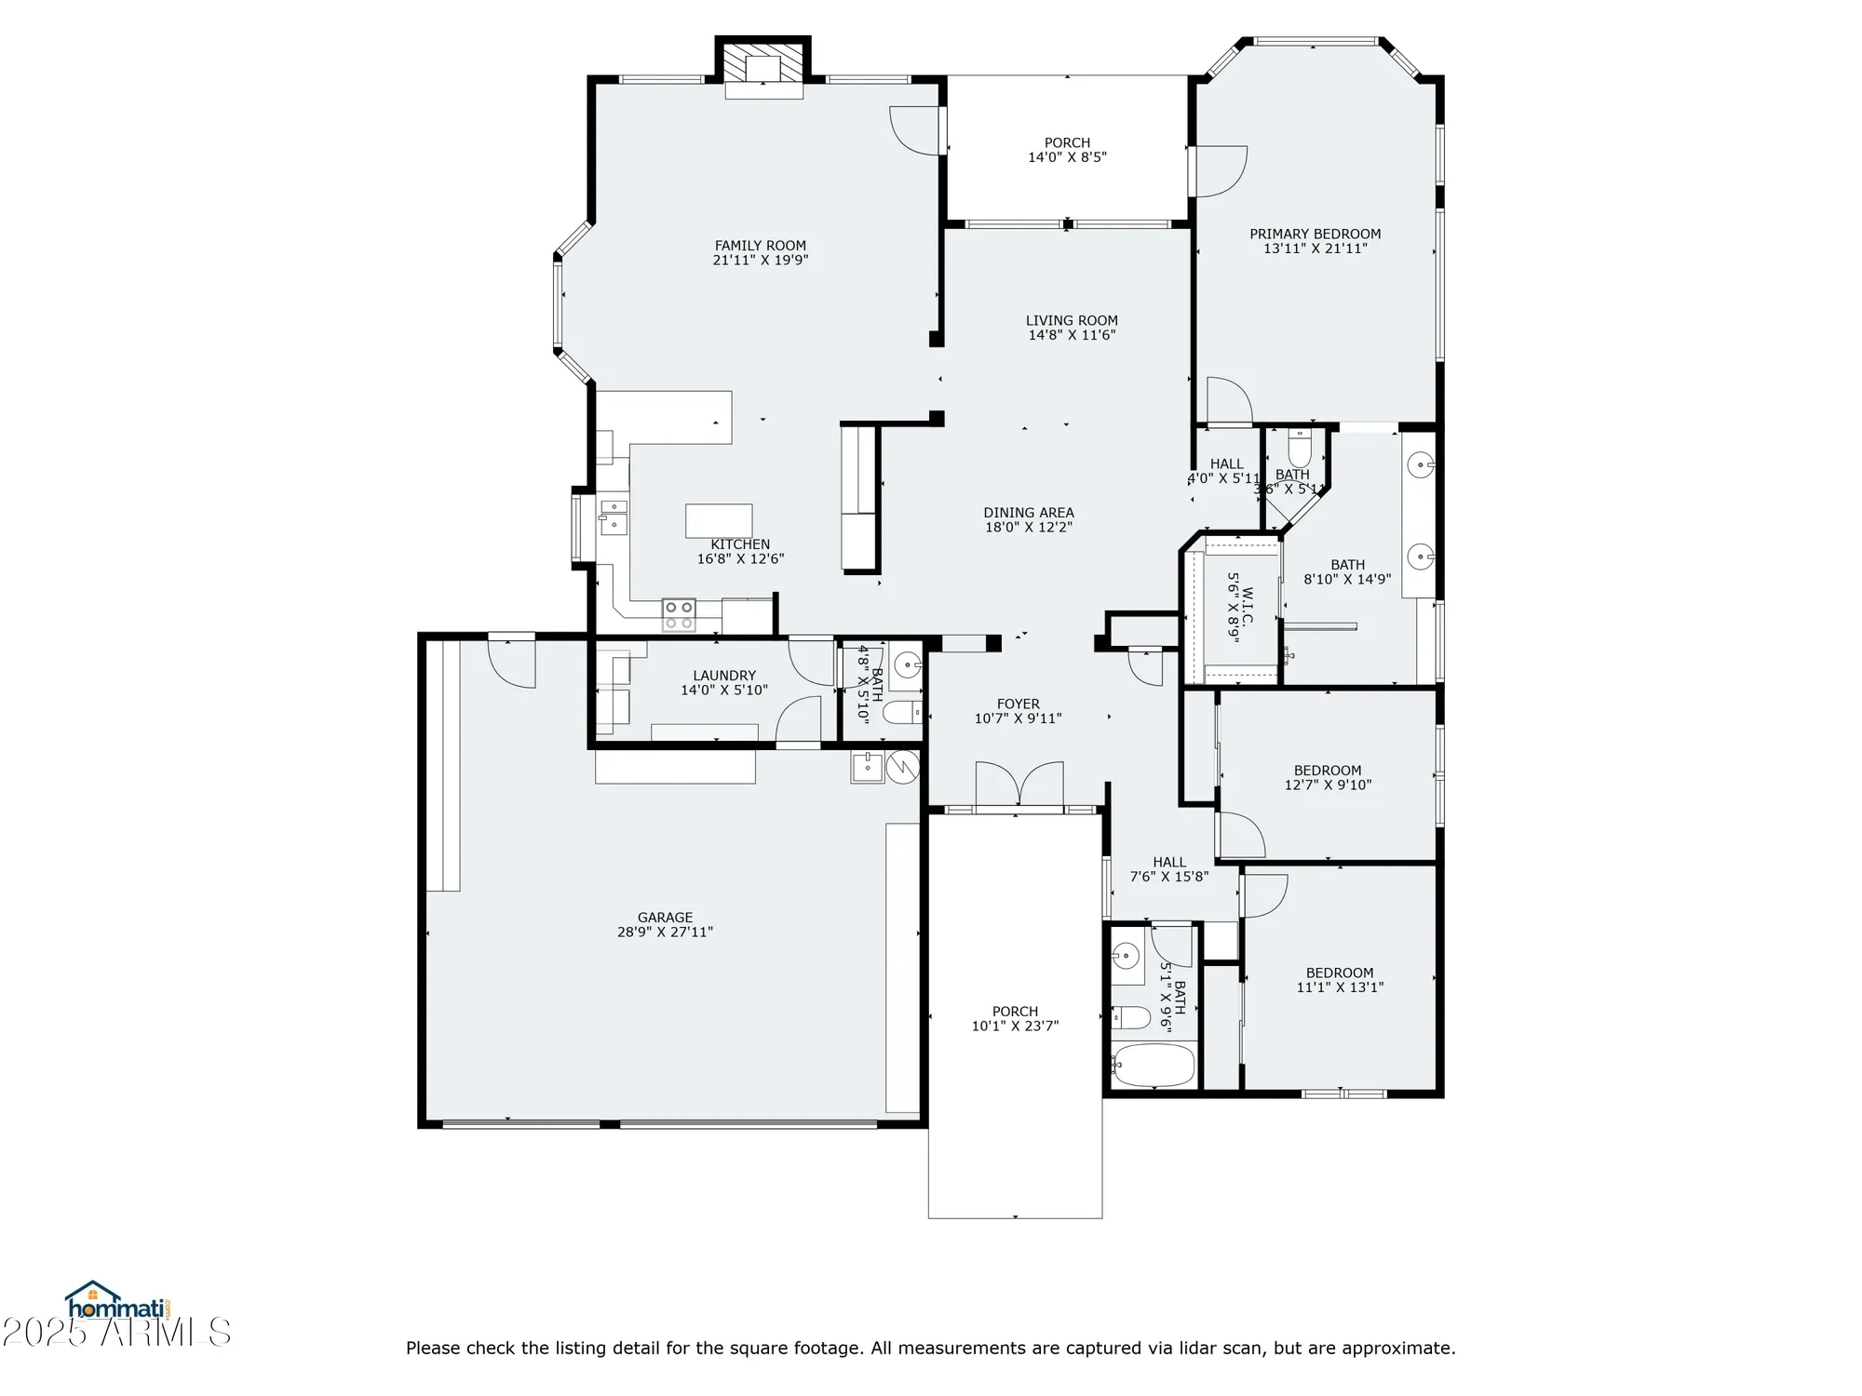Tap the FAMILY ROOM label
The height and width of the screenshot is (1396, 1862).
[x=760, y=246]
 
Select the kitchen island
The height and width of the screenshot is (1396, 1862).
[x=719, y=520]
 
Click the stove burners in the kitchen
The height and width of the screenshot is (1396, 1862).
[x=678, y=613]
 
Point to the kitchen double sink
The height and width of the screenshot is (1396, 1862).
[x=613, y=517]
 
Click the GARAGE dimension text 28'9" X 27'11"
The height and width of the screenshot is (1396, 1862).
[x=665, y=932]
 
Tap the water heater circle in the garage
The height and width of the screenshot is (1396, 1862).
[x=902, y=767]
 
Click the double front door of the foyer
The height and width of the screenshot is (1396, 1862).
[x=1019, y=784]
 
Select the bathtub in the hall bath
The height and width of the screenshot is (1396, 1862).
[x=1153, y=1065]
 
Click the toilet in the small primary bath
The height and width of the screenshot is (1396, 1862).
[x=1300, y=450]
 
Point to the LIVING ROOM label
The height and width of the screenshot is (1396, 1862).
[x=1072, y=320]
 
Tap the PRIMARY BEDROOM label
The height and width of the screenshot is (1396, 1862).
[x=1315, y=234]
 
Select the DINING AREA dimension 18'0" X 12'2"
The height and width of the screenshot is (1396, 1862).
[x=1029, y=527]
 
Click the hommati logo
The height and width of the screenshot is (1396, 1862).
[x=116, y=1302]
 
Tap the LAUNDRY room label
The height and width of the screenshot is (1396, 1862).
[x=724, y=676]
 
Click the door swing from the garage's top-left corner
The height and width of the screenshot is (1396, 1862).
[x=512, y=664]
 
